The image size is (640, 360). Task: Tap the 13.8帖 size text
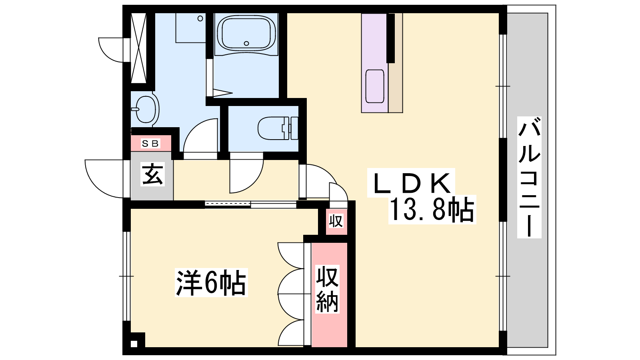[x=432, y=210]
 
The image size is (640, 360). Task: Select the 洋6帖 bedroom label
[x=211, y=282]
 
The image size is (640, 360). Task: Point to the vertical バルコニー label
[x=529, y=177]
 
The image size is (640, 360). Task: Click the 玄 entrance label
[x=152, y=174]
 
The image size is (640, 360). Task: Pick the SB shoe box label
[x=150, y=144]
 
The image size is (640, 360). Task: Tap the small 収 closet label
[x=336, y=221]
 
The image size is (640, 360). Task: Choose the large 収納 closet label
[x=327, y=289]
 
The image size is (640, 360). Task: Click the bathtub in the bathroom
[x=246, y=34]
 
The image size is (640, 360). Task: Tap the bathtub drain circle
[x=246, y=44]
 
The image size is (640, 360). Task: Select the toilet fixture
[x=278, y=128]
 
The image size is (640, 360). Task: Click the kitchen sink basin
[x=374, y=86]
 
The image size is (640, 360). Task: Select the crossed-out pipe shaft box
[x=138, y=48]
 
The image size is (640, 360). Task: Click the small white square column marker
[x=134, y=344]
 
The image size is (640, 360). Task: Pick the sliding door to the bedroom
[x=250, y=204]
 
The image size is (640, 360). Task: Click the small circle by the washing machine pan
[x=200, y=18]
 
